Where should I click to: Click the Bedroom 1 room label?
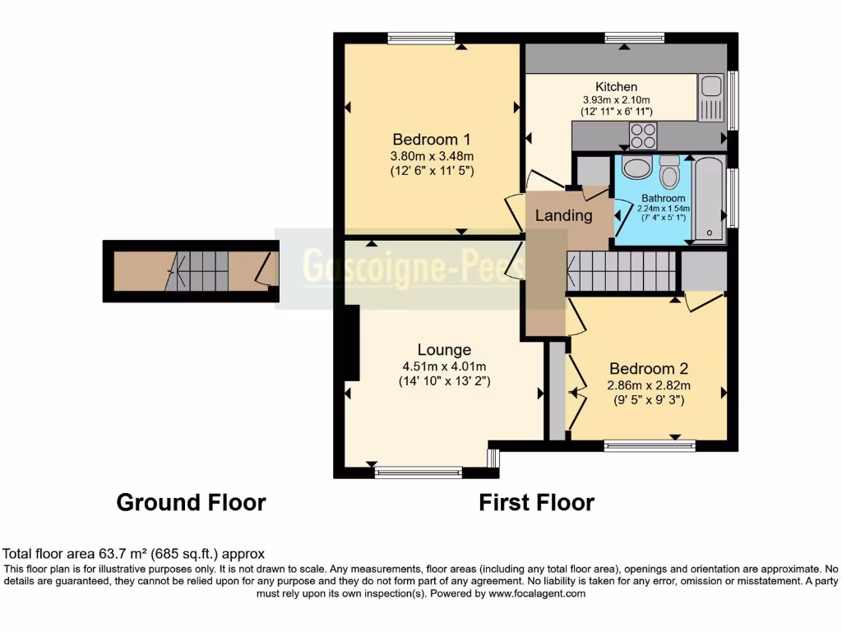pos(433,138)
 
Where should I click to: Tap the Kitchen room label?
pos(616,86)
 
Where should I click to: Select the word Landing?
pos(563,216)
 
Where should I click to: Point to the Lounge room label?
pos(444,349)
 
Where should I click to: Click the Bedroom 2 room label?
pos(648,368)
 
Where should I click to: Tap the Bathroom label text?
pos(663,198)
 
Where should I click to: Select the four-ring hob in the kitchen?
pos(642,132)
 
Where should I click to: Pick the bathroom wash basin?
pos(635,168)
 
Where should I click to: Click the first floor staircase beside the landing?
pos(621,271)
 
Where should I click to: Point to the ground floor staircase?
pos(197,272)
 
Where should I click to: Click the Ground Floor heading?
pos(191,502)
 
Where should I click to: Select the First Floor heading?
pos(536,502)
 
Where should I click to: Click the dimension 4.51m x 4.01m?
pos(444,366)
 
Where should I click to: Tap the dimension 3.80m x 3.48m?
pos(433,155)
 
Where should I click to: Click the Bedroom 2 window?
pos(650,445)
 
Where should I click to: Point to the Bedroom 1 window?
pos(421,37)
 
